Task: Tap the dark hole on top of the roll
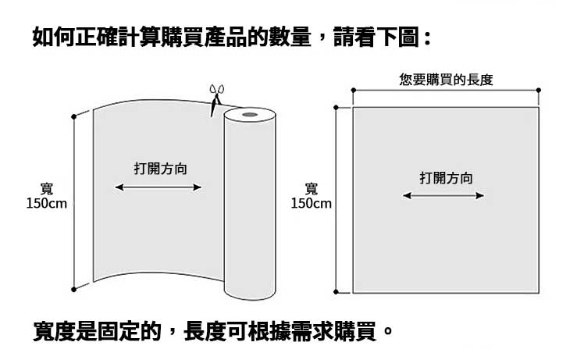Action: (250, 116)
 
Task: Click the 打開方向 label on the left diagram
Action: (160, 169)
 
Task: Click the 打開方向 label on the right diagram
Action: (446, 179)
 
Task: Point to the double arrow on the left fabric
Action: (158, 187)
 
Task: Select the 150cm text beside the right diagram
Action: (311, 204)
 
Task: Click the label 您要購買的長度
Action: (446, 80)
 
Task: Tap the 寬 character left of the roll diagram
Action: (46, 189)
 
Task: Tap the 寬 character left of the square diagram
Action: (311, 189)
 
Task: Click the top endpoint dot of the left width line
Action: (74, 116)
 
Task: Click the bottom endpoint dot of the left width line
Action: (74, 290)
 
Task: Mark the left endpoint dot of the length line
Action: (353, 91)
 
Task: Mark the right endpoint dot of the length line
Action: (539, 91)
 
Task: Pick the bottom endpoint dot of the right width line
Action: (337, 292)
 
